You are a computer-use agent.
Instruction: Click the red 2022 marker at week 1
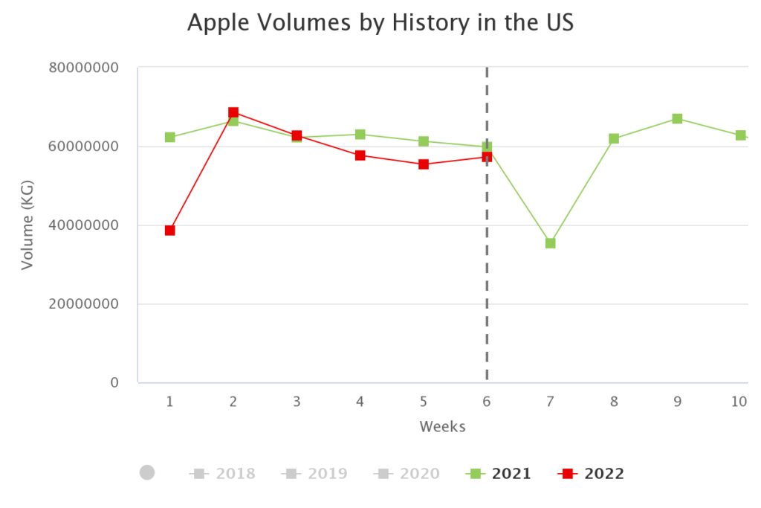pos(169,231)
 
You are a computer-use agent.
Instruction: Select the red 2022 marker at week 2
pos(233,112)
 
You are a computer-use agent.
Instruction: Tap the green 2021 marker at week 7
pos(551,243)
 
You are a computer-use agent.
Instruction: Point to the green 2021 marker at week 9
pos(677,119)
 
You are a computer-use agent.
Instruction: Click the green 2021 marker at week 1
pos(169,137)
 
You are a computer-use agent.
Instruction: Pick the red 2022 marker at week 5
pos(424,164)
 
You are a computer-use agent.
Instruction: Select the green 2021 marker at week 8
pos(614,139)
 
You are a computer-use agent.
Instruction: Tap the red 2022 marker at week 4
pos(360,155)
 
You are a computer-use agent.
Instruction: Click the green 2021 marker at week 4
pos(360,135)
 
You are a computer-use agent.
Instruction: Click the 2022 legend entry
pos(592,474)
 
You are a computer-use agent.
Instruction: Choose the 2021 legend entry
pos(499,474)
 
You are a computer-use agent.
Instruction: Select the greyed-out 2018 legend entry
pos(223,474)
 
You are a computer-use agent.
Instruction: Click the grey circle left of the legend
pos(147,472)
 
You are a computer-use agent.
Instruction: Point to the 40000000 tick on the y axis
pos(84,225)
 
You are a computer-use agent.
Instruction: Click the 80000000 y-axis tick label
pos(84,68)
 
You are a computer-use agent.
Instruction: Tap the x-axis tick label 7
pos(551,402)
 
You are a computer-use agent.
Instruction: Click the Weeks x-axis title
pos(443,426)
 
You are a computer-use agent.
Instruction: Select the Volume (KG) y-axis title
pos(27,225)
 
